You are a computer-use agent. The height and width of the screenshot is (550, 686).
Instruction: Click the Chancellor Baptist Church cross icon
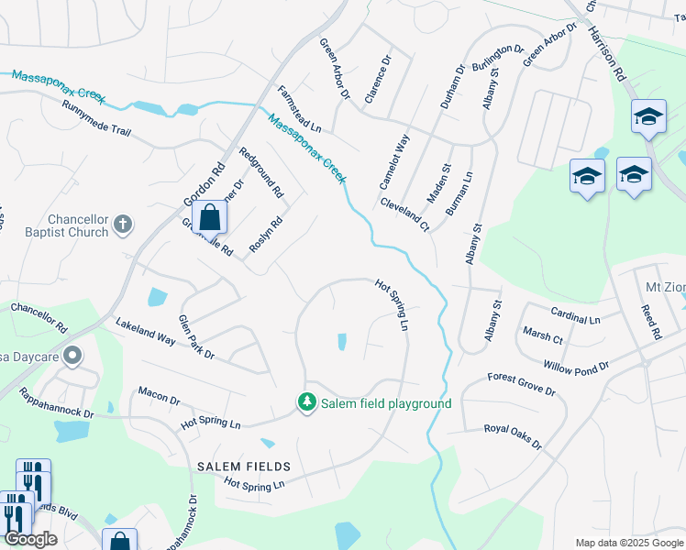[x=123, y=224]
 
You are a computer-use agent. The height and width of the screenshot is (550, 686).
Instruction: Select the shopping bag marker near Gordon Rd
[x=210, y=218]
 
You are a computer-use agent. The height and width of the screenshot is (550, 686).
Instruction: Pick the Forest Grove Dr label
[x=521, y=384]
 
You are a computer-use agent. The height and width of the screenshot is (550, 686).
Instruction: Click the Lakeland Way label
[x=145, y=332]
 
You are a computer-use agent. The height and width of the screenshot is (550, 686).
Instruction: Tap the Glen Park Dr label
[x=195, y=336]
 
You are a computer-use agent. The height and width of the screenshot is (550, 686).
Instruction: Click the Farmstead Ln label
[x=300, y=109]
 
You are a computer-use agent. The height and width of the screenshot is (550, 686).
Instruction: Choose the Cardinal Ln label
[x=575, y=316]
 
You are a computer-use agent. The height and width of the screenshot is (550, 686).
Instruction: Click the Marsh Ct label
[x=541, y=335]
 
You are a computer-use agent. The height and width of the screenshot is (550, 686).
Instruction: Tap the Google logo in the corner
[x=31, y=539]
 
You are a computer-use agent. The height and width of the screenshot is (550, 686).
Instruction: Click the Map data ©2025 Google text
[x=629, y=543]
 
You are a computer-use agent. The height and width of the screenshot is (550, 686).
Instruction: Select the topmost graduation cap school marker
[x=647, y=115]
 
